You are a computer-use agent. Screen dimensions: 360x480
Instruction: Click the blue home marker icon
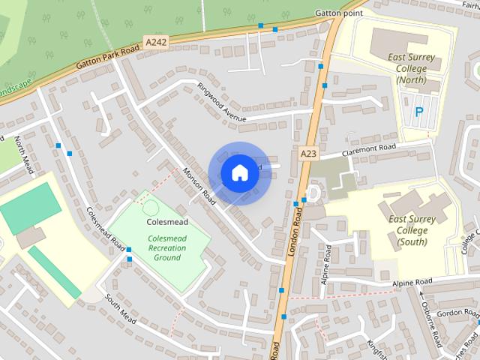pyautogui.click(x=238, y=172)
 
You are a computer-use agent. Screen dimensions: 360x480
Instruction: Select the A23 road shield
pyautogui.click(x=307, y=152)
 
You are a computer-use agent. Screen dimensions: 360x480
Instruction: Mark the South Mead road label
pyautogui.click(x=120, y=309)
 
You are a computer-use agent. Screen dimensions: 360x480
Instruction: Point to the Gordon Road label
pyautogui.click(x=457, y=313)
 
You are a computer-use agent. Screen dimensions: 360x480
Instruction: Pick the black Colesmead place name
pyautogui.click(x=166, y=222)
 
